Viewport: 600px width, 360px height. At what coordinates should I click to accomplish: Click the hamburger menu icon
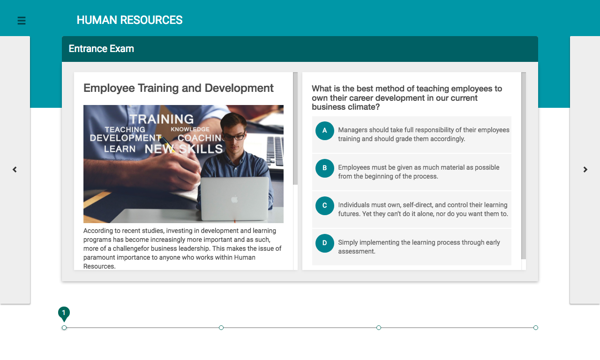(22, 21)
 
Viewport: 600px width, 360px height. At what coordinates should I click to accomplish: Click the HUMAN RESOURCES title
(130, 20)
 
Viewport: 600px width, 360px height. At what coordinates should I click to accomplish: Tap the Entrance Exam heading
(101, 49)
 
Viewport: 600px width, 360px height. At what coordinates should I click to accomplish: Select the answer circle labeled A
(325, 131)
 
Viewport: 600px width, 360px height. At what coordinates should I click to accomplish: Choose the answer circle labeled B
(325, 168)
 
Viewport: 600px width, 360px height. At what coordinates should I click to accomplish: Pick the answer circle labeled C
(325, 206)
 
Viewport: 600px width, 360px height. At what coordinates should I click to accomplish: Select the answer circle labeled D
(325, 243)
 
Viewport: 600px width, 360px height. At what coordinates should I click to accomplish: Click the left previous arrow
(15, 170)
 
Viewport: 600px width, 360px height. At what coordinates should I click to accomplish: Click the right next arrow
(585, 170)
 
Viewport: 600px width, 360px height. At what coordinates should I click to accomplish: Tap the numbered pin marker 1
(64, 314)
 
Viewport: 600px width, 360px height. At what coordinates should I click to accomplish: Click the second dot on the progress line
(221, 328)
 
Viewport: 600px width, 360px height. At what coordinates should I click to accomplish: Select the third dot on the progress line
(378, 328)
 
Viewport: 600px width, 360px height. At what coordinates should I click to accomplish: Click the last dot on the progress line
(536, 328)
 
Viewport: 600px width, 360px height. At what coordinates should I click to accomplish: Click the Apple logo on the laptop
(235, 199)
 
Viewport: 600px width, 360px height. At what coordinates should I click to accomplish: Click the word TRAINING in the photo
(162, 119)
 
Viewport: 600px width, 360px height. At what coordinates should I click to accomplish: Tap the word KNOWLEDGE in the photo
(190, 129)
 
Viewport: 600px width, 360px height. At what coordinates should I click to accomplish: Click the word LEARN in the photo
(120, 149)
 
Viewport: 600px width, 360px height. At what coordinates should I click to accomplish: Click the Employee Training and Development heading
(179, 88)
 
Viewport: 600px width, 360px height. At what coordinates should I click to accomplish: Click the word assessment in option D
(357, 252)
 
